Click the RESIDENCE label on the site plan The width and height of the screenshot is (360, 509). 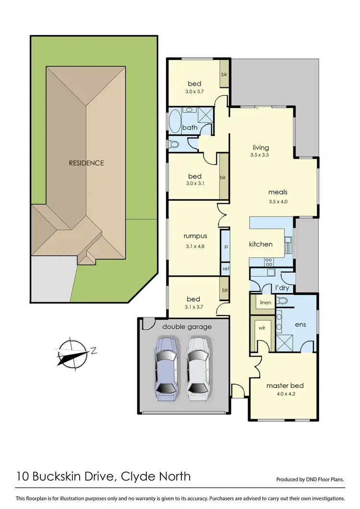coord(86,163)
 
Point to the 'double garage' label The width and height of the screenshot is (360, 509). coord(187,327)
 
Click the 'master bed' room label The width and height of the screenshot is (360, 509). coord(285,386)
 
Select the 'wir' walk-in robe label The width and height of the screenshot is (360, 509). coord(262,328)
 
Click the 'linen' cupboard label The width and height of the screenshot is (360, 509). coord(265,303)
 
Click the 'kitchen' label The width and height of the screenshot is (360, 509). coord(261,244)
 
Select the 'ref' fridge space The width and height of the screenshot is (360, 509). coord(225,269)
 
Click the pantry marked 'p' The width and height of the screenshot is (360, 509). coord(225,246)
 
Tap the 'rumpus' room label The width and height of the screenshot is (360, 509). coord(195,236)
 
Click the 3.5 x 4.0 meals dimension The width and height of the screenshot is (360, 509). coord(278,202)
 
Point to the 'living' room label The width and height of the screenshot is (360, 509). coord(261,147)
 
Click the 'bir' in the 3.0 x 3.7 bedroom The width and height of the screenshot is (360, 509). coord(224,74)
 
